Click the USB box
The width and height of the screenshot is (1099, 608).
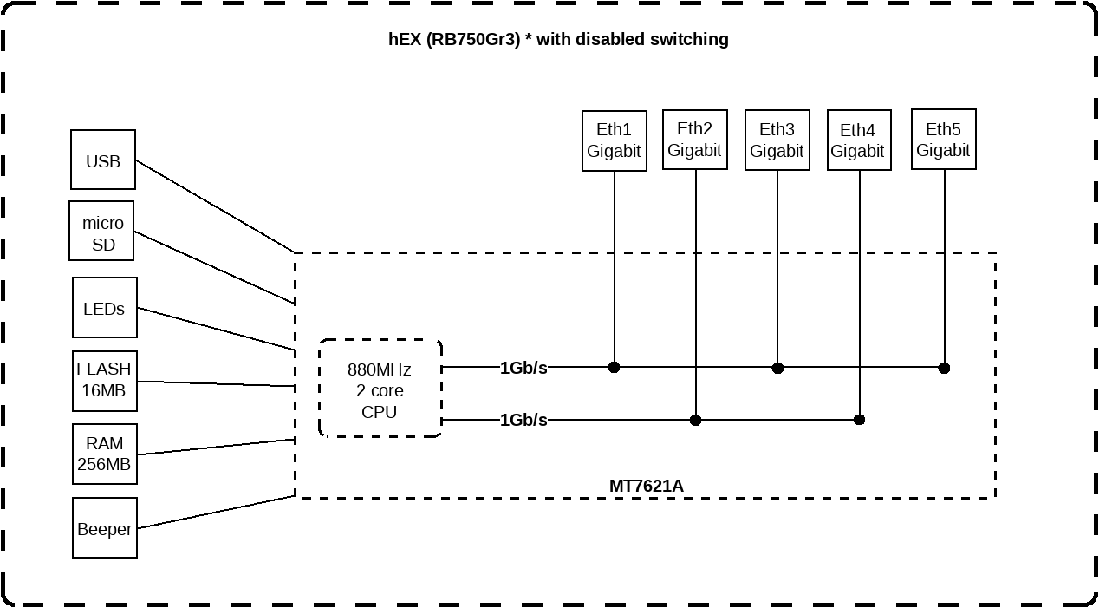pyautogui.click(x=103, y=160)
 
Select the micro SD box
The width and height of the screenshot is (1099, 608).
pyautogui.click(x=103, y=232)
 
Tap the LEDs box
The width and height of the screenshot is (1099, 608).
pyautogui.click(x=104, y=308)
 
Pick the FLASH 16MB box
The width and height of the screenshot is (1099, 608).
pyautogui.click(x=104, y=381)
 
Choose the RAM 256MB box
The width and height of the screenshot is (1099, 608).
pyautogui.click(x=104, y=454)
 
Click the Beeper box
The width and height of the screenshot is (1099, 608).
pyautogui.click(x=104, y=528)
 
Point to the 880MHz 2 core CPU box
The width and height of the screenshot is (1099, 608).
pyautogui.click(x=380, y=389)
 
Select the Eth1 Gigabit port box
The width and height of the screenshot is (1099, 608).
pyautogui.click(x=614, y=141)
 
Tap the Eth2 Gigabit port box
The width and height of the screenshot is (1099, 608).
pyautogui.click(x=694, y=140)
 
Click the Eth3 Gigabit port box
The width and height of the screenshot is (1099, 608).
pyautogui.click(x=777, y=141)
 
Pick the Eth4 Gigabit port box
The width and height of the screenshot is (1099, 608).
pyautogui.click(x=858, y=141)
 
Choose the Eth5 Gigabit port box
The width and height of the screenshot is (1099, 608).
pyautogui.click(x=943, y=140)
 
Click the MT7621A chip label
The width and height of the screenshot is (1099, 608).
pyautogui.click(x=646, y=486)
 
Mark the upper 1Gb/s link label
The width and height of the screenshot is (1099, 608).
pyautogui.click(x=523, y=368)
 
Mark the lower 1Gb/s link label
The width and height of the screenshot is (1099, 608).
pyautogui.click(x=523, y=421)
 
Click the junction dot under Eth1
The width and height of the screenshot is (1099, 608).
pyautogui.click(x=614, y=368)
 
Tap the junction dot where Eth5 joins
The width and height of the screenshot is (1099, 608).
pyautogui.click(x=944, y=368)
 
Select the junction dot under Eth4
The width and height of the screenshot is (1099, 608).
pyautogui.click(x=859, y=420)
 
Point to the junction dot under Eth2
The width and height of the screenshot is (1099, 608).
pyautogui.click(x=695, y=420)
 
